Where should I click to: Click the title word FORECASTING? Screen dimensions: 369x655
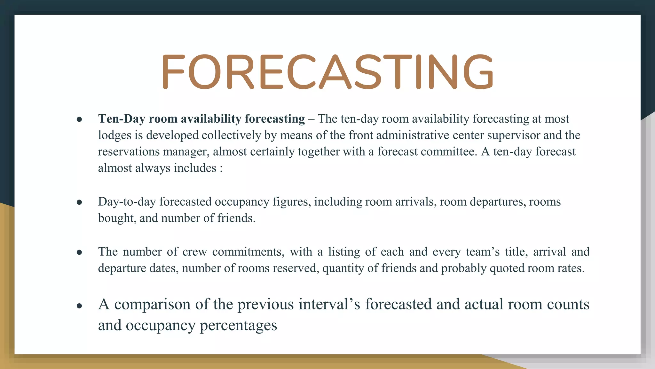[327, 72]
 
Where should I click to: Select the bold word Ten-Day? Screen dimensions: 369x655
[122, 119]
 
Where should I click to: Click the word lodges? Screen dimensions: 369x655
[114, 135]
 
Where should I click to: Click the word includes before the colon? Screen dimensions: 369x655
[195, 168]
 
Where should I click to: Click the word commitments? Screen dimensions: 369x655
[248, 252]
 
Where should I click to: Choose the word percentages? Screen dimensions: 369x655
[238, 325]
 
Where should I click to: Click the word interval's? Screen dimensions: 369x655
[329, 304]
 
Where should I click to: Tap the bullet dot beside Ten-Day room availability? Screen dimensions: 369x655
[79, 119]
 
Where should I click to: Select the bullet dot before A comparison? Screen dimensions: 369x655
[79, 306]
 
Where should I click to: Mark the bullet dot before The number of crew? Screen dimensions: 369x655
[79, 252]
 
